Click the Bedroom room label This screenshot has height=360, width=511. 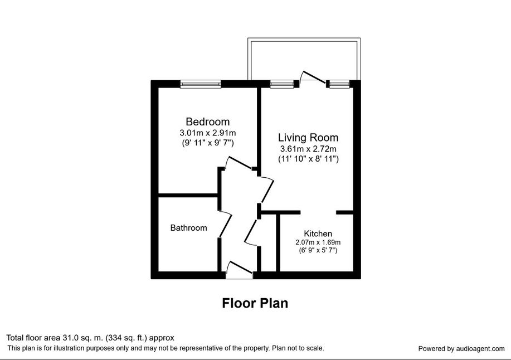[x=208, y=122]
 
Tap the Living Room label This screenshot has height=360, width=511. [x=308, y=138]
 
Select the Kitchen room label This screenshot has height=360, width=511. [x=318, y=233]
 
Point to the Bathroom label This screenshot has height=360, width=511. [x=189, y=228]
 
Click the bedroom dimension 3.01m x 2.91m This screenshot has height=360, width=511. [x=208, y=133]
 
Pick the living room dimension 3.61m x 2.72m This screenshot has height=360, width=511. [x=308, y=149]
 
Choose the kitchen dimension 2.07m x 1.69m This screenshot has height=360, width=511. [x=318, y=242]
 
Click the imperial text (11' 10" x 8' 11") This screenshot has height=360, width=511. [x=308, y=159]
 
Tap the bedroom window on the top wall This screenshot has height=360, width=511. [x=201, y=84]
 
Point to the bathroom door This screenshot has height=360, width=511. [x=226, y=225]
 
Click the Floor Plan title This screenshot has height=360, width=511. [x=255, y=303]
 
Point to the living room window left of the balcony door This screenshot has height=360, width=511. [x=278, y=84]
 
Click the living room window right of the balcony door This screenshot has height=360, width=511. [x=339, y=84]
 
